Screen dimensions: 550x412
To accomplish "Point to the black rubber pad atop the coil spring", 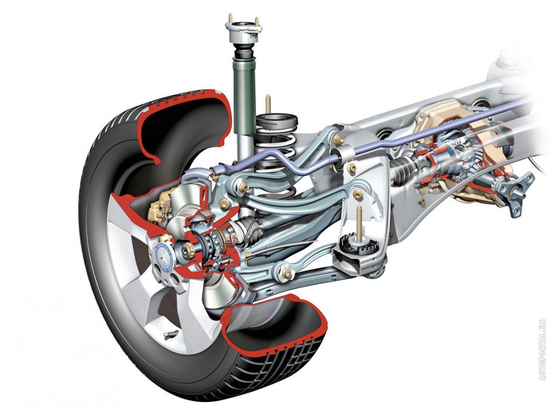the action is (277, 121).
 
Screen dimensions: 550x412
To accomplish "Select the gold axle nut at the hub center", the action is (185, 249).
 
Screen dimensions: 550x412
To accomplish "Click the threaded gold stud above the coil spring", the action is (268, 105).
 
